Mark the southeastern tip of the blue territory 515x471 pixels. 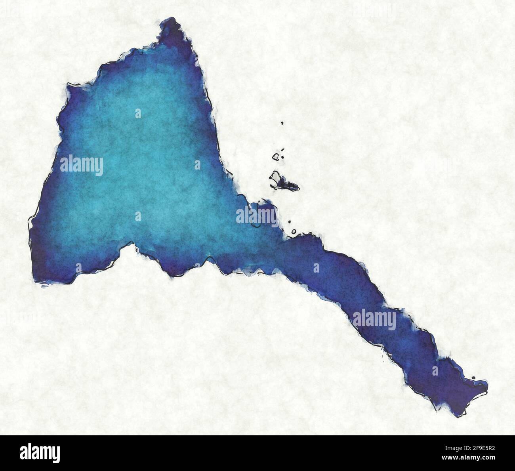(460, 414)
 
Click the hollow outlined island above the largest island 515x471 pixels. (276, 157)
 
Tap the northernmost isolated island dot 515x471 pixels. (282, 123)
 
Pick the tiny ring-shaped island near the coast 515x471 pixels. (294, 231)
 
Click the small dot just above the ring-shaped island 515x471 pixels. (290, 222)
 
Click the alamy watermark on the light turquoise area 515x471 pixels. (82, 165)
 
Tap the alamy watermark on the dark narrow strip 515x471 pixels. (374, 320)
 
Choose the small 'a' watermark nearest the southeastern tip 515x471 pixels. (435, 371)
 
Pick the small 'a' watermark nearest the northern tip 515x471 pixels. (138, 114)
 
